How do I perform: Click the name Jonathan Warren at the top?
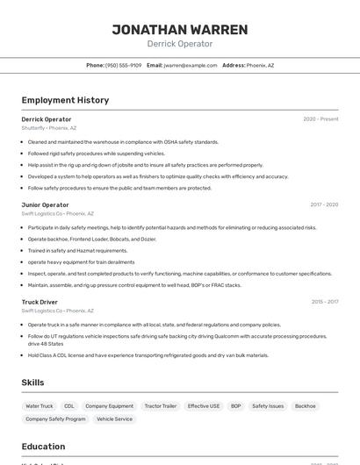click(179, 29)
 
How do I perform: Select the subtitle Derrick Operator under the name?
click(179, 44)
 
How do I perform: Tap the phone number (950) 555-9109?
click(123, 65)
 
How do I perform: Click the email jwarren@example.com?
click(191, 65)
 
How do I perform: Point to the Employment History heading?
click(65, 100)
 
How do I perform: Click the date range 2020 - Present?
click(320, 118)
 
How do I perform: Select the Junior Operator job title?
click(45, 204)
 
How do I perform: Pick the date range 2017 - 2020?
click(323, 204)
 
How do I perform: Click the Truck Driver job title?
click(40, 302)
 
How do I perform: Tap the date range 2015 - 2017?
click(324, 302)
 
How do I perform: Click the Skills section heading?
click(32, 383)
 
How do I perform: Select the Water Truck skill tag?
click(40, 406)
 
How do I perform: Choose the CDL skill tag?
click(69, 406)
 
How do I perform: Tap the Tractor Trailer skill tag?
click(161, 406)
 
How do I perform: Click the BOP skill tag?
click(235, 406)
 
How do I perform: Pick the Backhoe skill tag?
click(305, 406)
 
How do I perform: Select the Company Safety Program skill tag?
click(55, 419)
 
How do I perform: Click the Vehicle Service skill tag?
click(114, 419)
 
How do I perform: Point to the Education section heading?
click(43, 447)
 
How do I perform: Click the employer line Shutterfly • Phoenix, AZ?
click(49, 128)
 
